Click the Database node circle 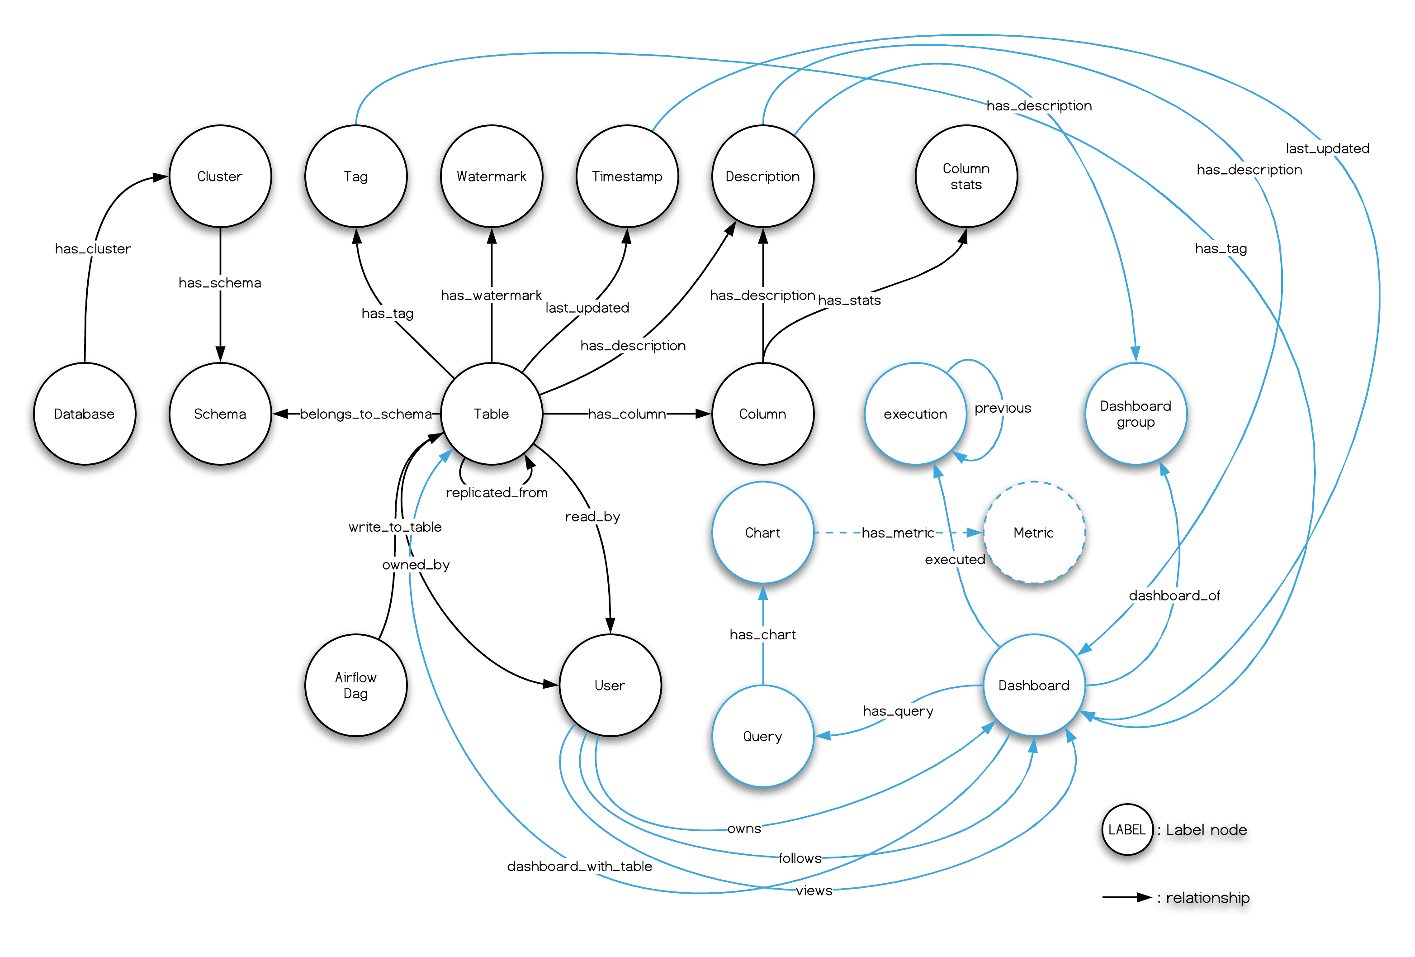85,414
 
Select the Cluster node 220,176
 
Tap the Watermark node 492,176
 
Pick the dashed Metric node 1033,533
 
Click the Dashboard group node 1135,414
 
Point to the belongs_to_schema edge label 366,414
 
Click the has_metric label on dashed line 898,533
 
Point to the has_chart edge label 762,635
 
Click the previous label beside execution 1002,408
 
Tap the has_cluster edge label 93,248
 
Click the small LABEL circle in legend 1126,830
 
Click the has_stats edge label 849,300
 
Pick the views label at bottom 814,890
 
